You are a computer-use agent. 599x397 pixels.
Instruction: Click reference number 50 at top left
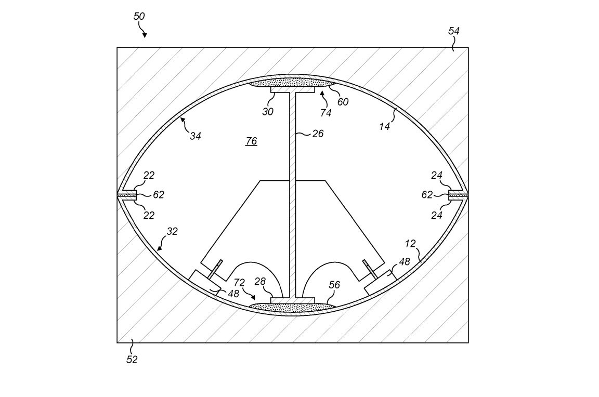coord(139,17)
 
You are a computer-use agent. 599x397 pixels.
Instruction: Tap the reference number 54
coord(454,31)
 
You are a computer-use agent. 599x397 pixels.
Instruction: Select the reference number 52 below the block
coord(132,360)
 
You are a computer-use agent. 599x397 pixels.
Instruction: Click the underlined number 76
coord(251,141)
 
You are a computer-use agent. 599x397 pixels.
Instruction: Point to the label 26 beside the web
coord(318,134)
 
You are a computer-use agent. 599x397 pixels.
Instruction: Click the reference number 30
coord(268,112)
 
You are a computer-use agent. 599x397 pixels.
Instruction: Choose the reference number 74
coord(326,113)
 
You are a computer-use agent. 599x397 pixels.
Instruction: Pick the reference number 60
coord(343,102)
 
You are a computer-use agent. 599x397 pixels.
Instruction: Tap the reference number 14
coord(384,126)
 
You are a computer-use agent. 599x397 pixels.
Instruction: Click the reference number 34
coord(195,136)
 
